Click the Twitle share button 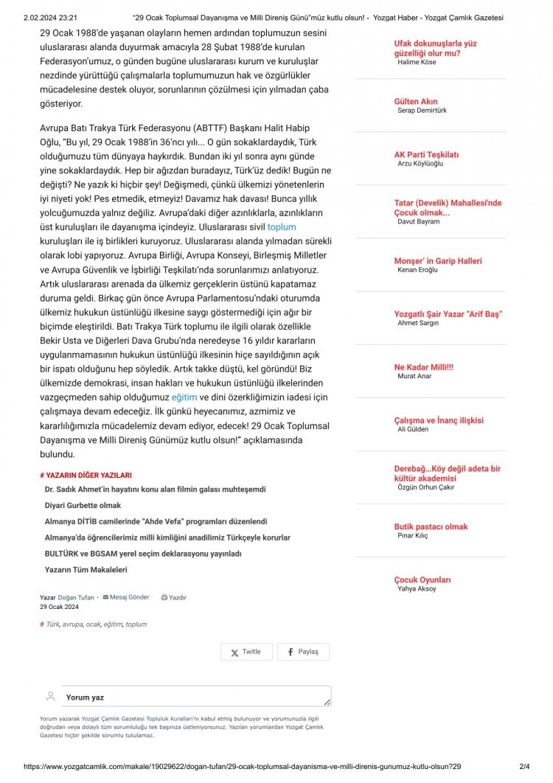click(x=246, y=652)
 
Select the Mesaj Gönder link click(x=129, y=597)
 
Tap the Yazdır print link click(x=174, y=598)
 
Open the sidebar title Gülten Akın click(x=416, y=102)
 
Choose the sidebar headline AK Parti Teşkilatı click(x=426, y=155)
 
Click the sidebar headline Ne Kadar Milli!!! click(x=424, y=367)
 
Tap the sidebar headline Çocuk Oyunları click(x=422, y=580)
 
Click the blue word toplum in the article click(x=282, y=228)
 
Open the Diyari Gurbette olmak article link click(x=83, y=506)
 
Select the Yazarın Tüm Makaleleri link click(x=86, y=570)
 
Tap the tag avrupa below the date click(x=72, y=624)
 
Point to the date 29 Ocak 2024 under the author click(x=59, y=607)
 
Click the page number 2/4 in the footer click(x=526, y=767)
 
